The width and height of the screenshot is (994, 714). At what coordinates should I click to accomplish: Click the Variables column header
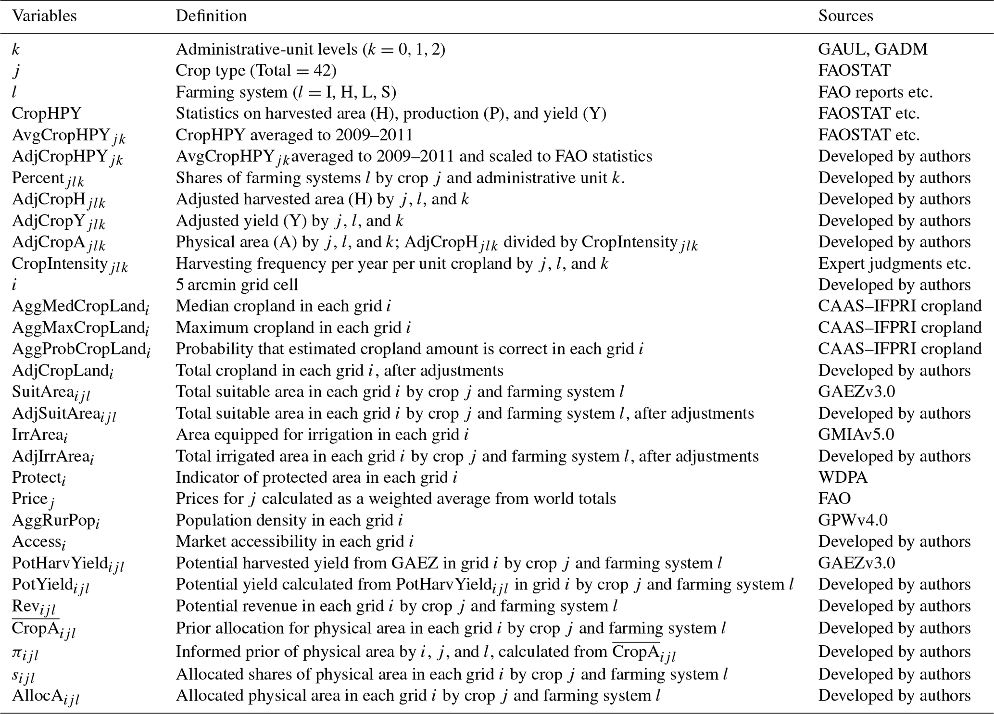tap(44, 16)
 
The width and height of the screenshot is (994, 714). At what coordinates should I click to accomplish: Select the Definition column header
tap(211, 16)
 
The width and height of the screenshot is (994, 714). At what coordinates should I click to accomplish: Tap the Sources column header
tap(845, 16)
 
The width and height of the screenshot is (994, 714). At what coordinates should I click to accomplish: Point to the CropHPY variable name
tap(47, 113)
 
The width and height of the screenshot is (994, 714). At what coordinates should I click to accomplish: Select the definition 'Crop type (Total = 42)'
tap(256, 71)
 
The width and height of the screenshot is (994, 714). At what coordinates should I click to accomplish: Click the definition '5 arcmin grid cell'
tap(237, 285)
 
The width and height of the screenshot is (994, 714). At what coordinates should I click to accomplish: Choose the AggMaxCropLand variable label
tap(80, 328)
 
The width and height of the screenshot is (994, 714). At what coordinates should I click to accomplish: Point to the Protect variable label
tap(39, 478)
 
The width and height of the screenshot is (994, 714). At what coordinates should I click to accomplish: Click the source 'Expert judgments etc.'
tap(894, 263)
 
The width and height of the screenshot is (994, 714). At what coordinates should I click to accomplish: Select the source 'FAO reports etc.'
tap(875, 92)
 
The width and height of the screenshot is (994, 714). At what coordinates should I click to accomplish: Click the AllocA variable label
tap(46, 696)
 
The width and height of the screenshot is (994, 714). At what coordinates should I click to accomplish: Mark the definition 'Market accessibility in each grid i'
tap(294, 542)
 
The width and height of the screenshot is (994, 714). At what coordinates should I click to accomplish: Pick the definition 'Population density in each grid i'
tap(289, 520)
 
